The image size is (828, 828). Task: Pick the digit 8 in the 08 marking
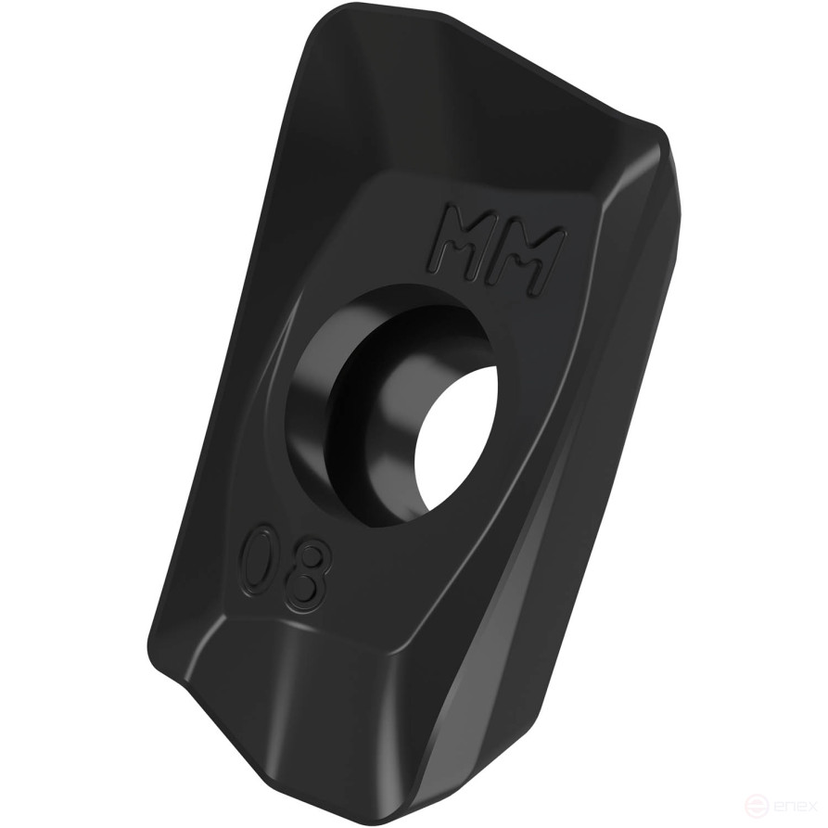pos(310,576)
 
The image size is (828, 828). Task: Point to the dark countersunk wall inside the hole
pos(371,408)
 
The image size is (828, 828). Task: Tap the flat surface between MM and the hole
pos(445,287)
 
